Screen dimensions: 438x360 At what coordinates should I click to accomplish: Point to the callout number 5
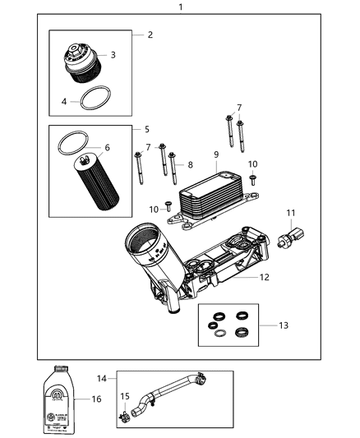(147, 129)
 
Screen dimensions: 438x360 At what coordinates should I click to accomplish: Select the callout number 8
(192, 164)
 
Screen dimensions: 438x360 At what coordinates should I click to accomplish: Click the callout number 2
(149, 35)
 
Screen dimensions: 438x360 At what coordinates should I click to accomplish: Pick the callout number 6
(106, 148)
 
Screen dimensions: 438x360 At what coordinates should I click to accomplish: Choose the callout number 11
(290, 214)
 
